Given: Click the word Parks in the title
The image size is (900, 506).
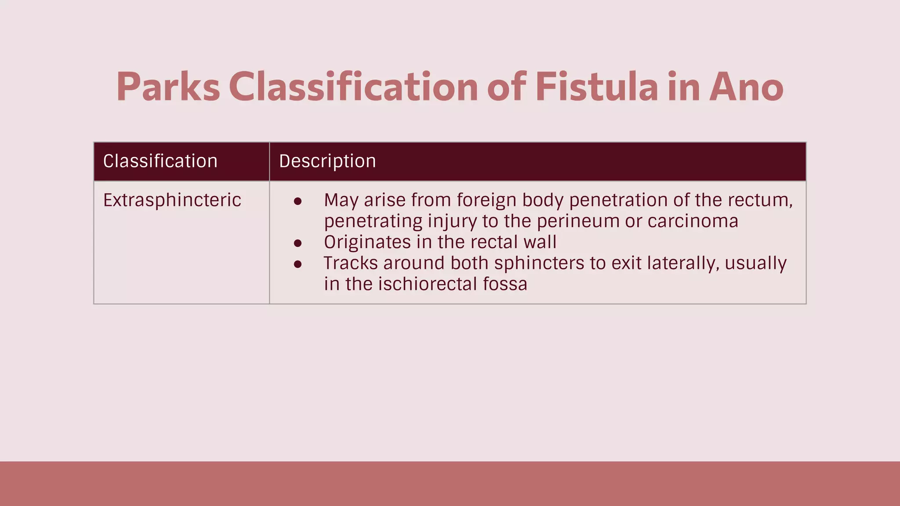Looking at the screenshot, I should pyautogui.click(x=168, y=87).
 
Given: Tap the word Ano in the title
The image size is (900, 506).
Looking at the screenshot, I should pyautogui.click(x=746, y=87).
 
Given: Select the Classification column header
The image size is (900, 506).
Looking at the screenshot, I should pyautogui.click(x=160, y=161).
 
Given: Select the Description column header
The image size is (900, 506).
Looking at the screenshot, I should pyautogui.click(x=327, y=161).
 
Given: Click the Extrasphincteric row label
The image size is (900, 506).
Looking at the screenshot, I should pyautogui.click(x=172, y=200).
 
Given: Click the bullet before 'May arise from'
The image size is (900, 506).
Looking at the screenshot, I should pyautogui.click(x=298, y=201).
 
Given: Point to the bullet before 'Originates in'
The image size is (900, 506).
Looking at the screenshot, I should pyautogui.click(x=298, y=243).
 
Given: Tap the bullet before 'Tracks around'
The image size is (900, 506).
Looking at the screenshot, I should pyautogui.click(x=298, y=264).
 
